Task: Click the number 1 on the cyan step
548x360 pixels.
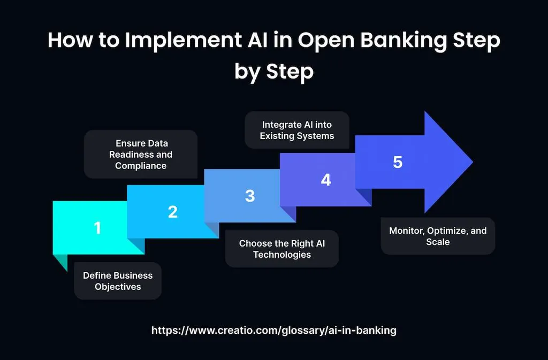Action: [x=97, y=228]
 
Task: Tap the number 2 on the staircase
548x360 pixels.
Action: [x=172, y=212]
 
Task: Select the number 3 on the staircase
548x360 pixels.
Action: [x=250, y=196]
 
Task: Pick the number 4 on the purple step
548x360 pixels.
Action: [x=326, y=180]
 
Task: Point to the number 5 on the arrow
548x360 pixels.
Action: [x=398, y=162]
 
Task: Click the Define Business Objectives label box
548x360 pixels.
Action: [x=118, y=281]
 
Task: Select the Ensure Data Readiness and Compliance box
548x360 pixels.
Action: [x=141, y=154]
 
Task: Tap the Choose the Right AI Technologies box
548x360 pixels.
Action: [x=281, y=249]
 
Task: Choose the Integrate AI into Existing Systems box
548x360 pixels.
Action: [x=296, y=130]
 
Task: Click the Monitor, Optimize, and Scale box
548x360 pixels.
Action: [x=438, y=236]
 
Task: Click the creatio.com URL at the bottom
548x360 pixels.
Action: [x=273, y=330]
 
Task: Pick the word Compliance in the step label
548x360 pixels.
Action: [x=141, y=166]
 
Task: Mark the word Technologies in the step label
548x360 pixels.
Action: [x=281, y=255]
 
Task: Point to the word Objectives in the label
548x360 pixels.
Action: [x=118, y=287]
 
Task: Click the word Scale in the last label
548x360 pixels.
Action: [x=438, y=242]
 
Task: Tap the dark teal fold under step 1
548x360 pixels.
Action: [x=60, y=262]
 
